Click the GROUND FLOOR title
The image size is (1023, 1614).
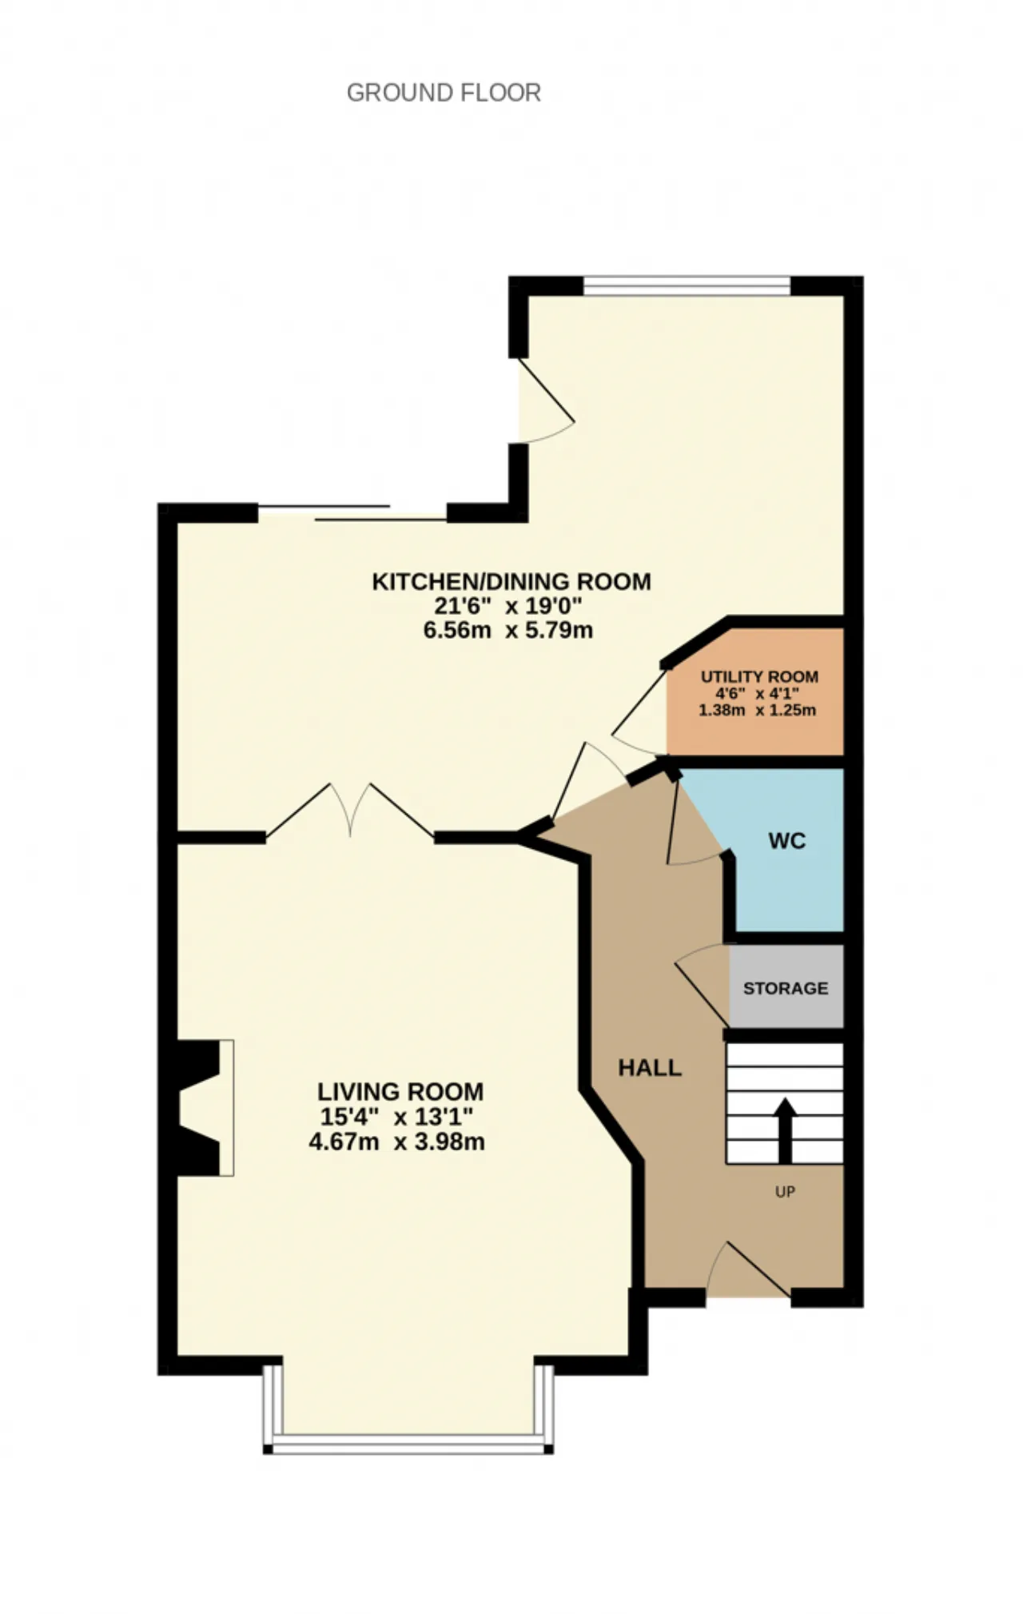tap(444, 93)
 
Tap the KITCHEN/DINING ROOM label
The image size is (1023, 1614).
tap(511, 581)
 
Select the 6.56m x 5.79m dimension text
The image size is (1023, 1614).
tap(508, 630)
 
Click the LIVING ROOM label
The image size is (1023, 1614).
tap(400, 1091)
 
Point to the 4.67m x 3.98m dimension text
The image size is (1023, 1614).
tap(397, 1141)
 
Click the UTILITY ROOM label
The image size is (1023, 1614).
tap(759, 677)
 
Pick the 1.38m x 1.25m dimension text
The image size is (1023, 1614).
tap(758, 710)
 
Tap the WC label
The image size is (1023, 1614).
tap(787, 841)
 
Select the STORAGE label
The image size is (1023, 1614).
tap(786, 988)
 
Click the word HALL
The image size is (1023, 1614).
tap(650, 1068)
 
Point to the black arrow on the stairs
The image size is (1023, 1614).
tap(786, 1130)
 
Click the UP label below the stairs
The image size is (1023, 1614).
tap(785, 1192)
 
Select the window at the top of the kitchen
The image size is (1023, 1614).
tap(687, 285)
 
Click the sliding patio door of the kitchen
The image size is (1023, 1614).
tap(352, 512)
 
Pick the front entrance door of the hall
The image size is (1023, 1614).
tap(748, 1271)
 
